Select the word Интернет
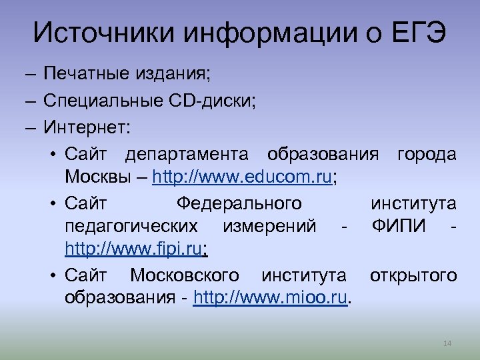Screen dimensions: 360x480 tap(85, 127)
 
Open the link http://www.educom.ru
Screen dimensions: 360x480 tap(242, 178)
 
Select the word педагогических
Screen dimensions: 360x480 tap(131, 226)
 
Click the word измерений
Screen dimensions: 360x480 tap(270, 226)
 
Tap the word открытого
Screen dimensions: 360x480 tap(413, 275)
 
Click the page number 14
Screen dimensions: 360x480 tap(447, 343)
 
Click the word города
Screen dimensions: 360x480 tap(427, 155)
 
